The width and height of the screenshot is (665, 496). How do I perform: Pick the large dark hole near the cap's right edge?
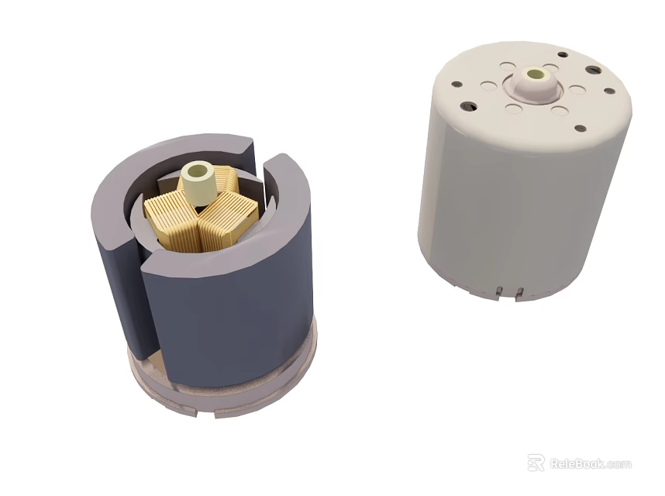coord(593,70)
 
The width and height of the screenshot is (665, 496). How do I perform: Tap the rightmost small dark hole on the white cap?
coord(608,91)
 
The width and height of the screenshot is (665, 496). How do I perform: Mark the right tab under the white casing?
coord(519,292)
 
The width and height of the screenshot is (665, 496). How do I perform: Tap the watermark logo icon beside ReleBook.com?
coord(536,463)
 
